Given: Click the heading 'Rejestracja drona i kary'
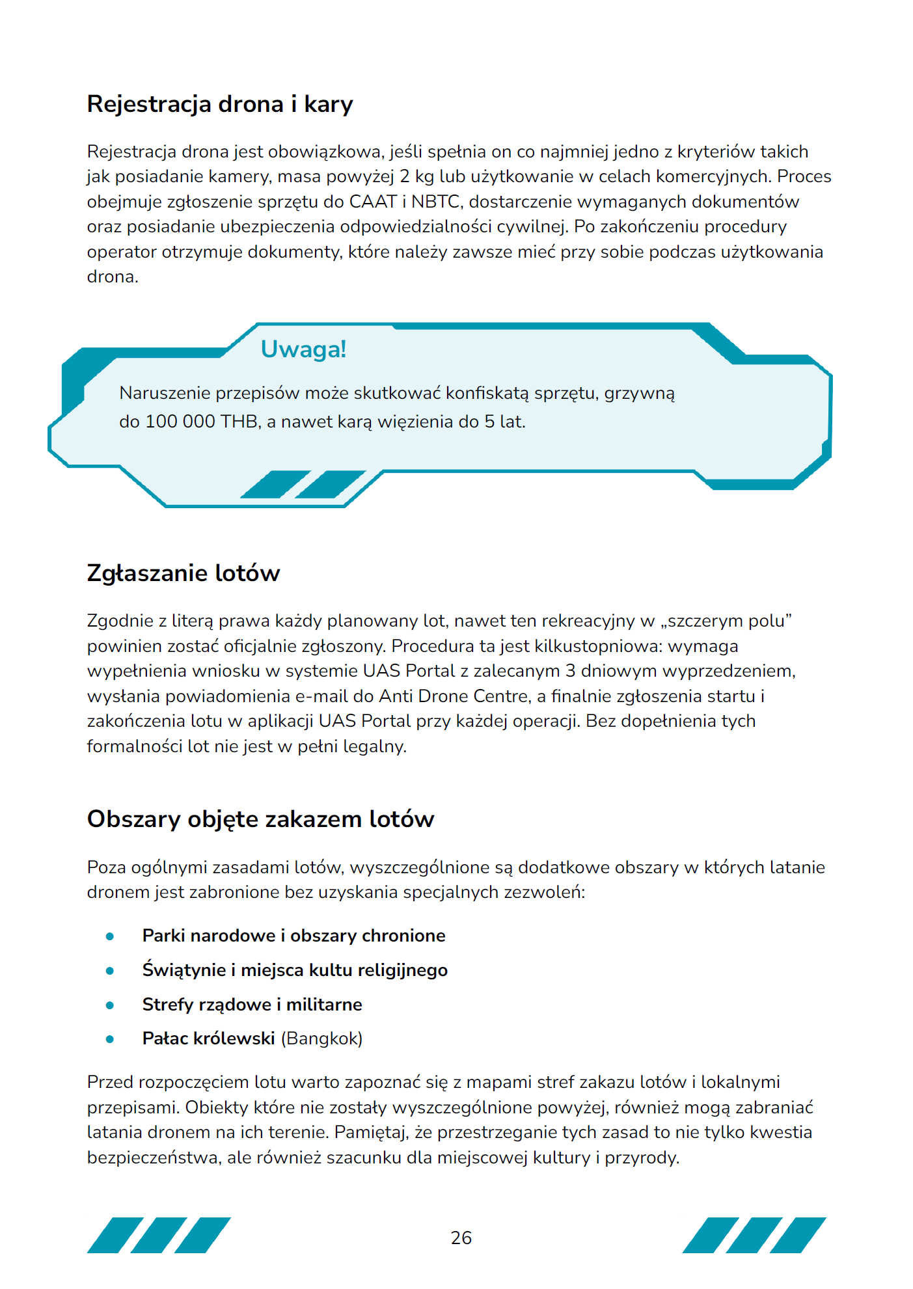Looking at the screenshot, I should [x=220, y=104].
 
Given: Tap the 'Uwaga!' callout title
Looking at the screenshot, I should [x=303, y=349].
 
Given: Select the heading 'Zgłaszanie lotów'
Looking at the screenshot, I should [x=184, y=573].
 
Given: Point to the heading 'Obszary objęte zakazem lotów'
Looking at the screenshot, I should [x=260, y=819].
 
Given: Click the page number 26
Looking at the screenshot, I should [x=461, y=1238].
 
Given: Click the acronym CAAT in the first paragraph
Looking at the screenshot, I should [x=373, y=202].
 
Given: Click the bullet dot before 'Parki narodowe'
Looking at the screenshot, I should [x=110, y=936].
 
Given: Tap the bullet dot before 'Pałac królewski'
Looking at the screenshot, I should [x=110, y=1039].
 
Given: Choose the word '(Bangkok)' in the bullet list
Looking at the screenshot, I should [x=321, y=1038].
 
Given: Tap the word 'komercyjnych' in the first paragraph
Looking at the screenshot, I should [x=715, y=177].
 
